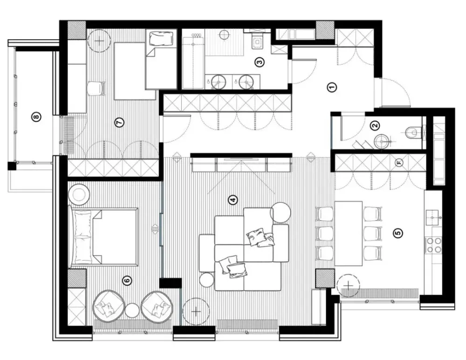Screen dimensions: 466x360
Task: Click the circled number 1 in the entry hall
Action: click(332, 88)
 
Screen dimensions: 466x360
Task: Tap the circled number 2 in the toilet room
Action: click(375, 125)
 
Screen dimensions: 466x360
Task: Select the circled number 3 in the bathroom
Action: click(260, 62)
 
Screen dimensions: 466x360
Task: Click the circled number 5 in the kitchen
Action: click(398, 233)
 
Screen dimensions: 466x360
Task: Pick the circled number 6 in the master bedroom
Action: click(127, 280)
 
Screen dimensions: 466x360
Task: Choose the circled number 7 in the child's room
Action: click(119, 122)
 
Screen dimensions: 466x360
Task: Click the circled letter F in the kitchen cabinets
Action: click(399, 163)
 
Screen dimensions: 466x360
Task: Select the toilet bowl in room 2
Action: click(412, 132)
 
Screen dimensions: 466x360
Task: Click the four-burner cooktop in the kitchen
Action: click(434, 245)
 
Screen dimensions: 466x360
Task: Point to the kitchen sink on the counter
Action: click(433, 217)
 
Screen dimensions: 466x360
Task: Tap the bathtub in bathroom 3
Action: click(193, 62)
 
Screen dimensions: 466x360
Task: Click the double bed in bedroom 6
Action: click(104, 236)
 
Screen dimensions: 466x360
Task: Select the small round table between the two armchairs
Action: click(132, 311)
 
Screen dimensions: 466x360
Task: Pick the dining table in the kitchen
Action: click(348, 234)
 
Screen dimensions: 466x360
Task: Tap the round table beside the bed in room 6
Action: click(79, 194)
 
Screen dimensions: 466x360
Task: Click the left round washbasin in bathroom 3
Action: click(219, 81)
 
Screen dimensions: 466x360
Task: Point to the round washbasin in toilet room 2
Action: click(382, 142)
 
